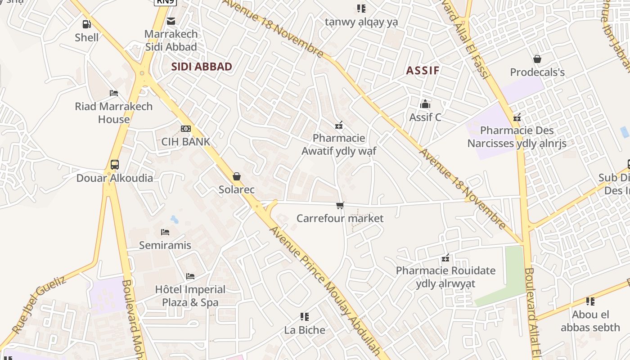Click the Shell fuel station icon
(86, 24)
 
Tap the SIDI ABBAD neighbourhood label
(202, 67)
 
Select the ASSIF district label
(423, 70)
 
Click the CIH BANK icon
(185, 129)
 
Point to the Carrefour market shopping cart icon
(340, 206)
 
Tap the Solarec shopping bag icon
(237, 176)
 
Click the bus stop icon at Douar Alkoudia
(115, 165)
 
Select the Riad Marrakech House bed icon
(114, 93)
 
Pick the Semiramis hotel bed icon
(165, 232)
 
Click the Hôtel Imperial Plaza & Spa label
(190, 296)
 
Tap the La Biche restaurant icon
(305, 317)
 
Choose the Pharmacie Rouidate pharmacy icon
(445, 258)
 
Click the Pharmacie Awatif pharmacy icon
(339, 125)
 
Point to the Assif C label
(425, 117)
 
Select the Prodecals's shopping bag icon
(537, 59)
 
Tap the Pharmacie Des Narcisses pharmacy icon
(517, 118)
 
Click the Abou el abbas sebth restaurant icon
(590, 301)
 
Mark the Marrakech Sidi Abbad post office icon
(171, 21)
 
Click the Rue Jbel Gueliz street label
(39, 305)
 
